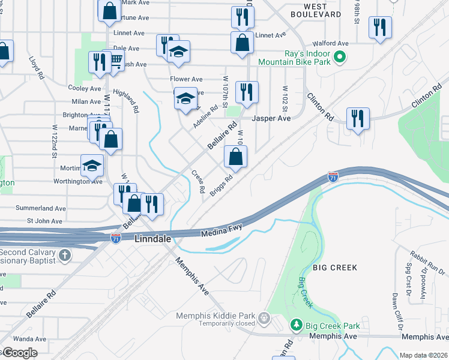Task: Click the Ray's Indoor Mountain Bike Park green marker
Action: tap(339, 58)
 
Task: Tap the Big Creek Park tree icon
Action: tap(296, 325)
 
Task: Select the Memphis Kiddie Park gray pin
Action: tap(264, 316)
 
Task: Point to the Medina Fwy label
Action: tap(221, 232)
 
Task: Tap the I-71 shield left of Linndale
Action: tap(116, 238)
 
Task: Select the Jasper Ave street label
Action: tap(271, 119)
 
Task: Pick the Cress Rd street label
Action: tap(199, 182)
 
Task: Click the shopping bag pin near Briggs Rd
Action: tap(236, 158)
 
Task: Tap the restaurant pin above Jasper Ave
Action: tap(247, 92)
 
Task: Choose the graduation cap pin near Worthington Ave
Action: tap(92, 165)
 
